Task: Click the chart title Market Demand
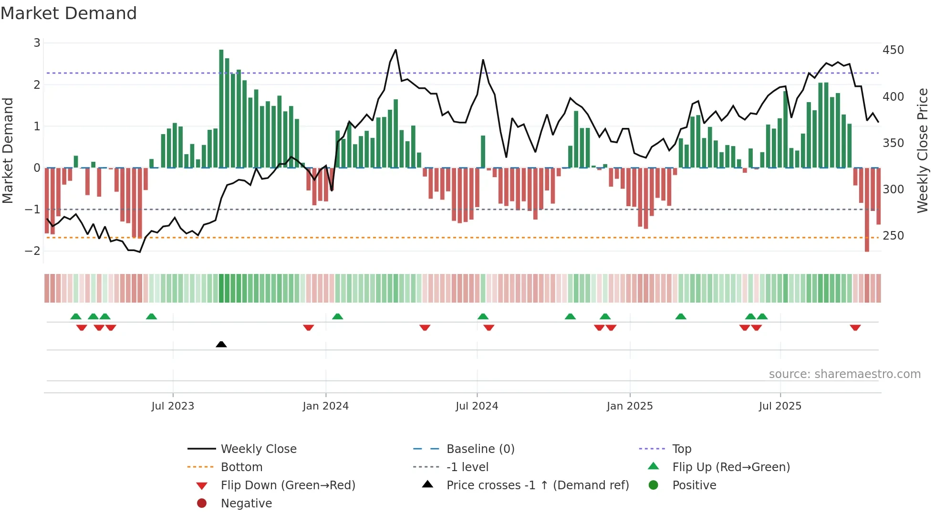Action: tap(69, 13)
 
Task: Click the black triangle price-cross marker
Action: tap(221, 344)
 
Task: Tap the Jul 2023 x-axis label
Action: tap(173, 406)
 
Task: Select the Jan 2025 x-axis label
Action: tap(630, 406)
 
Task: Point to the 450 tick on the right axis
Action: tap(893, 50)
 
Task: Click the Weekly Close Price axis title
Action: tap(923, 150)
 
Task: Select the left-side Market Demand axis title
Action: tap(8, 150)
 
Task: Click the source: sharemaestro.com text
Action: tap(844, 374)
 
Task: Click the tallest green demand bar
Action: tap(221, 109)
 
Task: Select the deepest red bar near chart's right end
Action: tap(867, 210)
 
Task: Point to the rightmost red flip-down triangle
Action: tap(855, 328)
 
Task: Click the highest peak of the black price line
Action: tap(395, 50)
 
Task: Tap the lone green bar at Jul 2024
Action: tap(483, 152)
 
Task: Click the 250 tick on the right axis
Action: tap(893, 236)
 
